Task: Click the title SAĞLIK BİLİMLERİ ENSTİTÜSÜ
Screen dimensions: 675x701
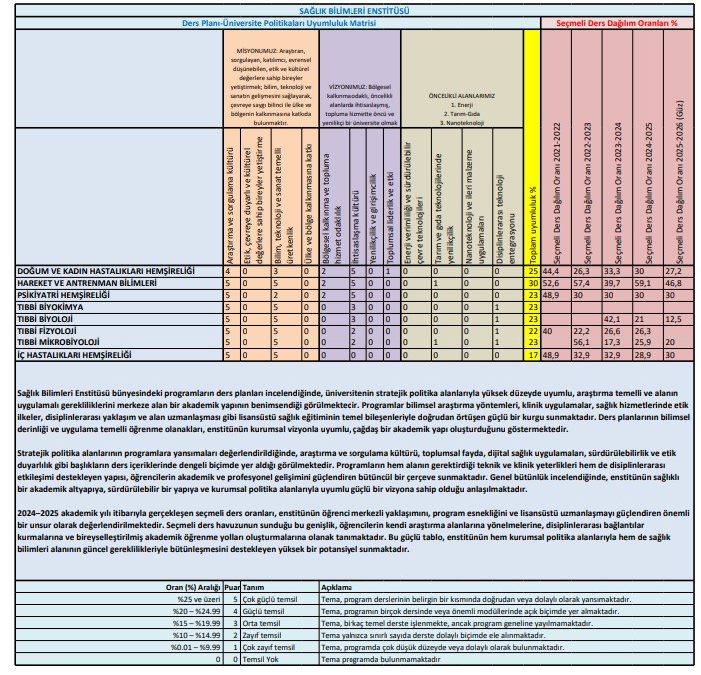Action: click(x=351, y=7)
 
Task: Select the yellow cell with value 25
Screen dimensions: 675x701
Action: click(x=534, y=271)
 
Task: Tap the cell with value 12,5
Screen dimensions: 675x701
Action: click(x=676, y=319)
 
